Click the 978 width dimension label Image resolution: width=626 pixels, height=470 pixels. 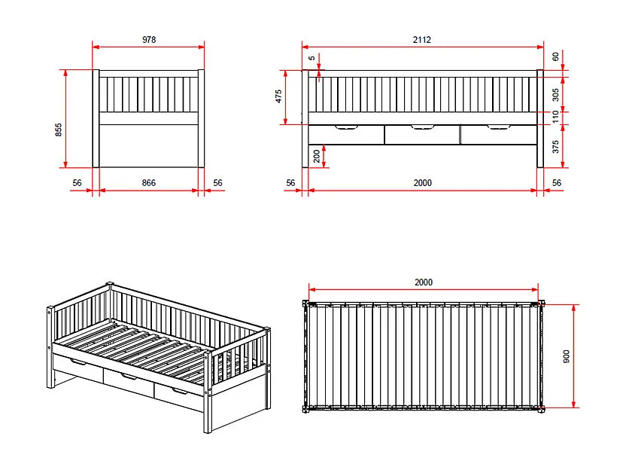pyautogui.click(x=149, y=40)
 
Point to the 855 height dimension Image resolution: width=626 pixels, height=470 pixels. pyautogui.click(x=59, y=130)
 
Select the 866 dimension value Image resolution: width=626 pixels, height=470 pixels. pyautogui.click(x=149, y=183)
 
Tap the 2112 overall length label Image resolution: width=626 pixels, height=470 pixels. pyautogui.click(x=422, y=40)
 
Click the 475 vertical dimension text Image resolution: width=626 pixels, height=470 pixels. pyautogui.click(x=278, y=96)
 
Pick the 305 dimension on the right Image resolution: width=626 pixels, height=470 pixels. pyautogui.click(x=555, y=94)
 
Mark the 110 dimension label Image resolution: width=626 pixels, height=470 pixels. pyautogui.click(x=555, y=117)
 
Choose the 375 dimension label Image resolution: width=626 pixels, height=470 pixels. pyautogui.click(x=555, y=147)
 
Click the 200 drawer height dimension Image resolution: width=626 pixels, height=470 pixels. pyautogui.click(x=316, y=156)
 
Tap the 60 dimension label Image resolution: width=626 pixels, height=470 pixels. pyautogui.click(x=555, y=56)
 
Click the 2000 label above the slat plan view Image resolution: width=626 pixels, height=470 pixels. pyautogui.click(x=424, y=282)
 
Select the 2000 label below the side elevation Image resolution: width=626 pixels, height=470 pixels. pyautogui.click(x=422, y=183)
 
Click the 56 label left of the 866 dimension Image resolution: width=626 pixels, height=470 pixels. pyautogui.click(x=77, y=183)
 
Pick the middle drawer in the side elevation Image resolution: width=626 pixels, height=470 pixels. pyautogui.click(x=422, y=136)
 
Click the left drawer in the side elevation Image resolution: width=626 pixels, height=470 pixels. pyautogui.click(x=346, y=136)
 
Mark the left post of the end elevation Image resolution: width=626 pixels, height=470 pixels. pyautogui.click(x=96, y=118)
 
